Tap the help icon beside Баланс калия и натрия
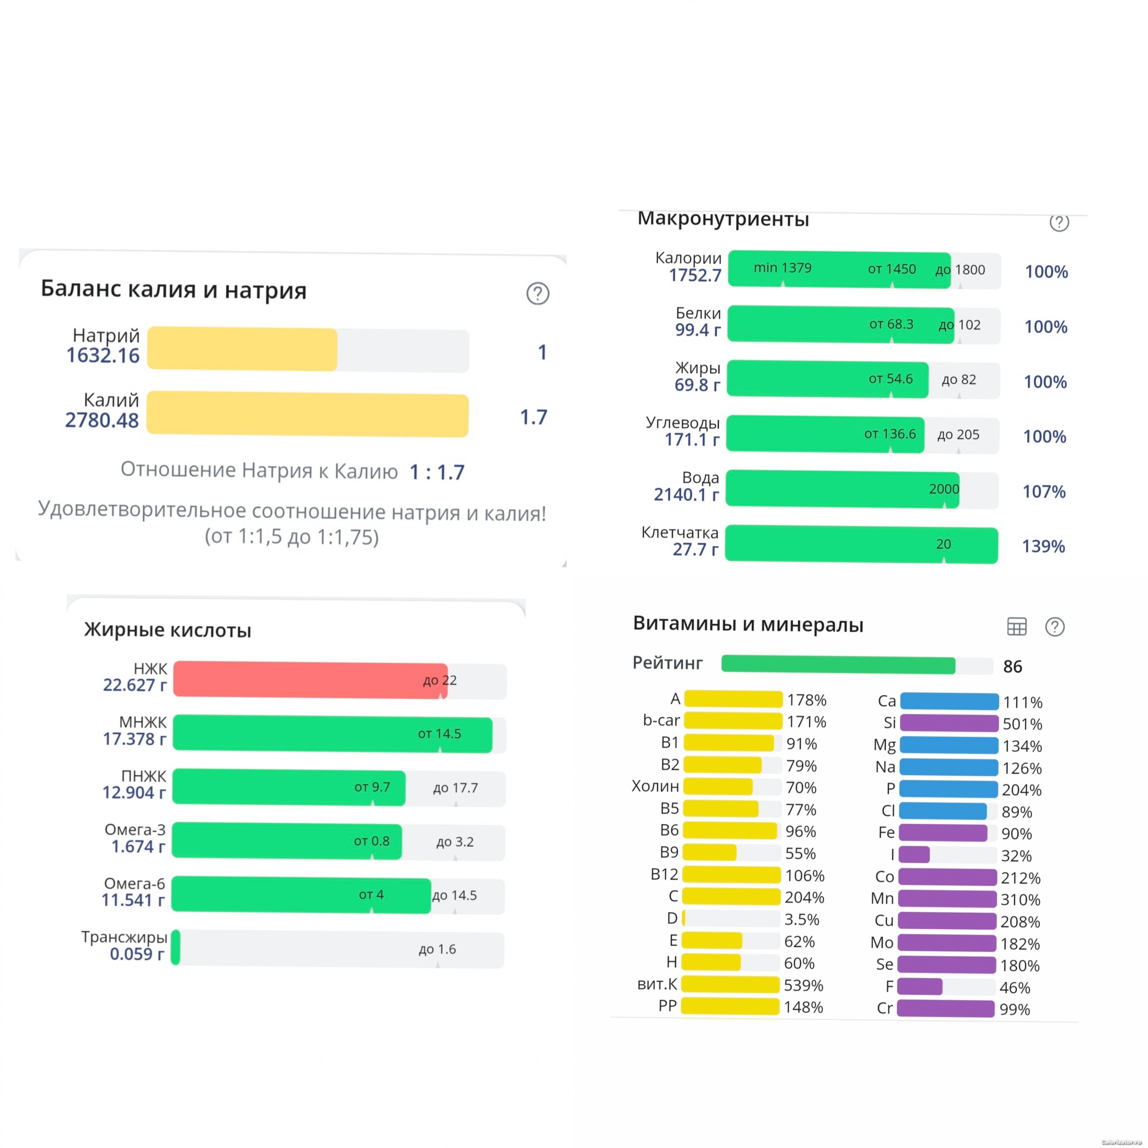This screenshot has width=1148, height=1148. pyautogui.click(x=538, y=294)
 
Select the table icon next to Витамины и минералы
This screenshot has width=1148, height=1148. pyautogui.click(x=1017, y=626)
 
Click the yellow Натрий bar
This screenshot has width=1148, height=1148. pyautogui.click(x=243, y=349)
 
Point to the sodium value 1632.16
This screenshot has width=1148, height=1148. pyautogui.click(x=103, y=355)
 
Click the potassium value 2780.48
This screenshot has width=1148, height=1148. pyautogui.click(x=102, y=420)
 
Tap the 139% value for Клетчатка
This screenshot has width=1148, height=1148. pyautogui.click(x=1044, y=546)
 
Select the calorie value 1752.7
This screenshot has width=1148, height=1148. pyautogui.click(x=695, y=275)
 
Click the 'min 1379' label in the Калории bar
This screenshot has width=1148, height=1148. pyautogui.click(x=783, y=268)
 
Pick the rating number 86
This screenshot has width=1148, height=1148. pyautogui.click(x=1013, y=667)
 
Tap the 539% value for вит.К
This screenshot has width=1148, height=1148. pyautogui.click(x=803, y=985)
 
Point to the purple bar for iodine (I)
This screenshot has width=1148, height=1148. pyautogui.click(x=914, y=854)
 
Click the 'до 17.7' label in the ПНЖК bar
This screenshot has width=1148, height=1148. pyautogui.click(x=455, y=788)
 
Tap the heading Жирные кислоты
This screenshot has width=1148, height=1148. pyautogui.click(x=168, y=630)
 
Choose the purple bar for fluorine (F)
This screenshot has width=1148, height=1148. pyautogui.click(x=920, y=986)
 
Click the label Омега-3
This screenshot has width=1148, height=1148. pyautogui.click(x=135, y=829)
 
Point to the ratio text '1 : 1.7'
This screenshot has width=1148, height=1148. pyautogui.click(x=437, y=472)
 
